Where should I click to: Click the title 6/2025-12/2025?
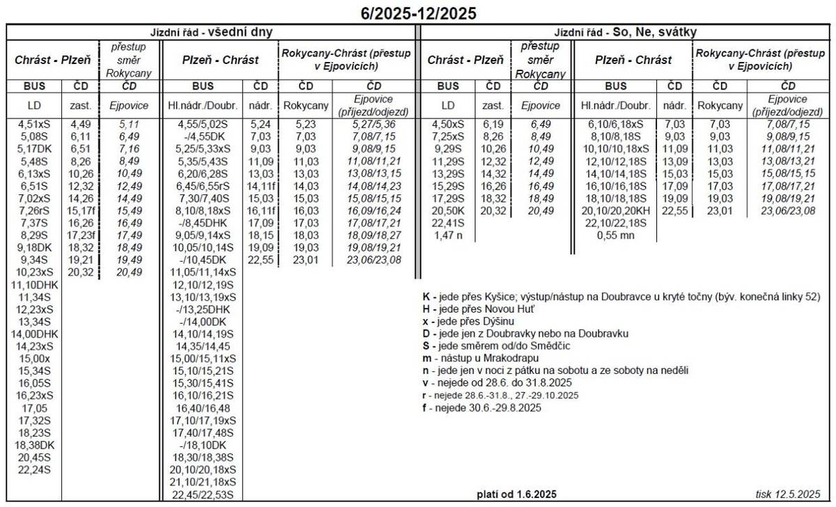click(x=419, y=13)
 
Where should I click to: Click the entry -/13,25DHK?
click(x=203, y=309)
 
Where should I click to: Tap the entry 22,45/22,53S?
click(x=203, y=494)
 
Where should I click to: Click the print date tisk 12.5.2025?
click(x=788, y=494)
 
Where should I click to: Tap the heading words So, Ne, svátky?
click(x=655, y=32)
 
